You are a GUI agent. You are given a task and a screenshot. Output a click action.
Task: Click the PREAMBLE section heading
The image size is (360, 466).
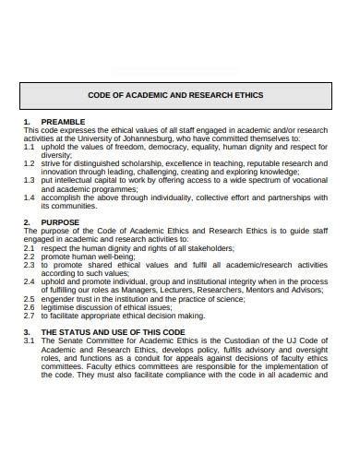(64, 122)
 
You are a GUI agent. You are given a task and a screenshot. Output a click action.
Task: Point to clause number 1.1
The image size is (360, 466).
(30, 147)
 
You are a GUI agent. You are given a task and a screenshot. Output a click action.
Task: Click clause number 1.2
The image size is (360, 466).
(30, 163)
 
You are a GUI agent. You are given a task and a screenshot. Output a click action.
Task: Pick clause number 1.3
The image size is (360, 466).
(30, 180)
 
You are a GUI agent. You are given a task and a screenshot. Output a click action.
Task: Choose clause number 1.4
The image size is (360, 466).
(30, 197)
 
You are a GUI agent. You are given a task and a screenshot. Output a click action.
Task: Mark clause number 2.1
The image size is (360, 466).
(30, 248)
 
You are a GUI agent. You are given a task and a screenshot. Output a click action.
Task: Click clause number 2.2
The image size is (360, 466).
(30, 257)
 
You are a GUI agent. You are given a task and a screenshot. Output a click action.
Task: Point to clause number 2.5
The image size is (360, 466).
(30, 299)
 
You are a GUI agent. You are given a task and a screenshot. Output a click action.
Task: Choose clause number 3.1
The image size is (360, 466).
(30, 341)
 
